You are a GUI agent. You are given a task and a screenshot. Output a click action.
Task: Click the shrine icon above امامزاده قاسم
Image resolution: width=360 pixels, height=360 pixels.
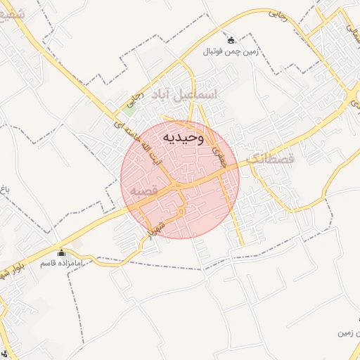click(x=60, y=252)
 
